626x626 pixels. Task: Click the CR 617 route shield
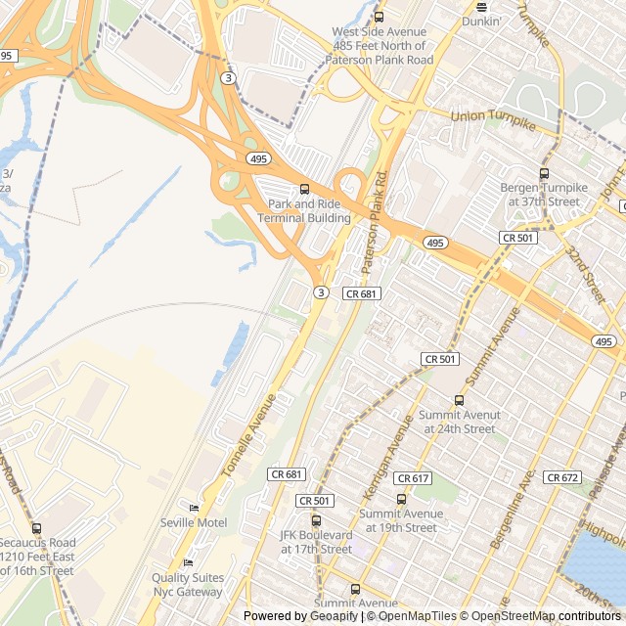(415, 478)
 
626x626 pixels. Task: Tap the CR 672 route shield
(562, 477)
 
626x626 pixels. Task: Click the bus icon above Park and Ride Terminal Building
(304, 189)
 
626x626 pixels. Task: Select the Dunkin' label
(481, 21)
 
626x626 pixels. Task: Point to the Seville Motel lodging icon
(194, 508)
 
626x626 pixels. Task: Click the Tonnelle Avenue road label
(249, 434)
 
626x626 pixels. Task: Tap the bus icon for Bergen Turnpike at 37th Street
(545, 174)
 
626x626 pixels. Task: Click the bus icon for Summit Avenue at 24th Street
(459, 400)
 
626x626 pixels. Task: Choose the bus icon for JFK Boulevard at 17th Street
(316, 520)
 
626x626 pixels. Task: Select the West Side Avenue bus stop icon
(380, 17)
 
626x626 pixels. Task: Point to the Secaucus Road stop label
(37, 557)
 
